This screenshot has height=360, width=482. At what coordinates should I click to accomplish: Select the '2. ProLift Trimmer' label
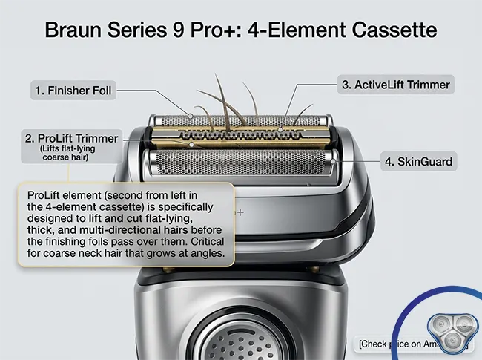70,137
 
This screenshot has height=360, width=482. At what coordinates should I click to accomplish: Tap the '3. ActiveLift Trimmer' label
395,85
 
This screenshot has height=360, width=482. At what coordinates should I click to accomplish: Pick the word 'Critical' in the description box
202,240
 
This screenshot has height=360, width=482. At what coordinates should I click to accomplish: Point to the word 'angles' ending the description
206,252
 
